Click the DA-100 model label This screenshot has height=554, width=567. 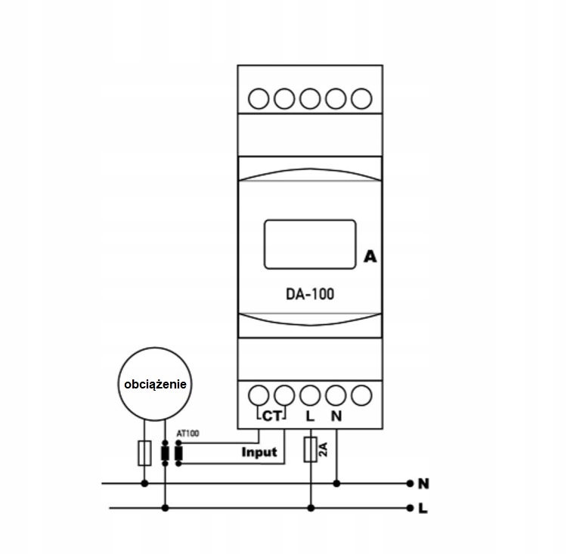(310, 294)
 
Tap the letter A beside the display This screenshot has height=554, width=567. (370, 256)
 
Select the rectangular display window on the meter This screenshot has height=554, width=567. (310, 244)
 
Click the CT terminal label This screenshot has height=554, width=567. (271, 416)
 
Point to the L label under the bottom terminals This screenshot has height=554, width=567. (310, 416)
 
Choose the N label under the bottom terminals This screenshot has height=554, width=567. (336, 416)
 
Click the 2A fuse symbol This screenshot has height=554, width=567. (310, 450)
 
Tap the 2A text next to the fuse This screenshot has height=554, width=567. (323, 450)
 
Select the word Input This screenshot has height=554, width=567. (259, 452)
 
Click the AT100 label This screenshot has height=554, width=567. (187, 433)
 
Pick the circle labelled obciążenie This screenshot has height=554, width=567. (155, 384)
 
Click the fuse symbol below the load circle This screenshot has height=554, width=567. (144, 453)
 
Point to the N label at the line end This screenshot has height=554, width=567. (423, 484)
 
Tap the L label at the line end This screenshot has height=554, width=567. (423, 509)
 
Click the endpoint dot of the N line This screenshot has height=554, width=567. (410, 484)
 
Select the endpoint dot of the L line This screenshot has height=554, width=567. (410, 509)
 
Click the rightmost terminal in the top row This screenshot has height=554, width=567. (361, 98)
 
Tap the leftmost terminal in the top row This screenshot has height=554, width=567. (259, 98)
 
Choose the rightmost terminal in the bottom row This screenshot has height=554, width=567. (361, 395)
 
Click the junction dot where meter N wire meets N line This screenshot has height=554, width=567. (336, 484)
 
